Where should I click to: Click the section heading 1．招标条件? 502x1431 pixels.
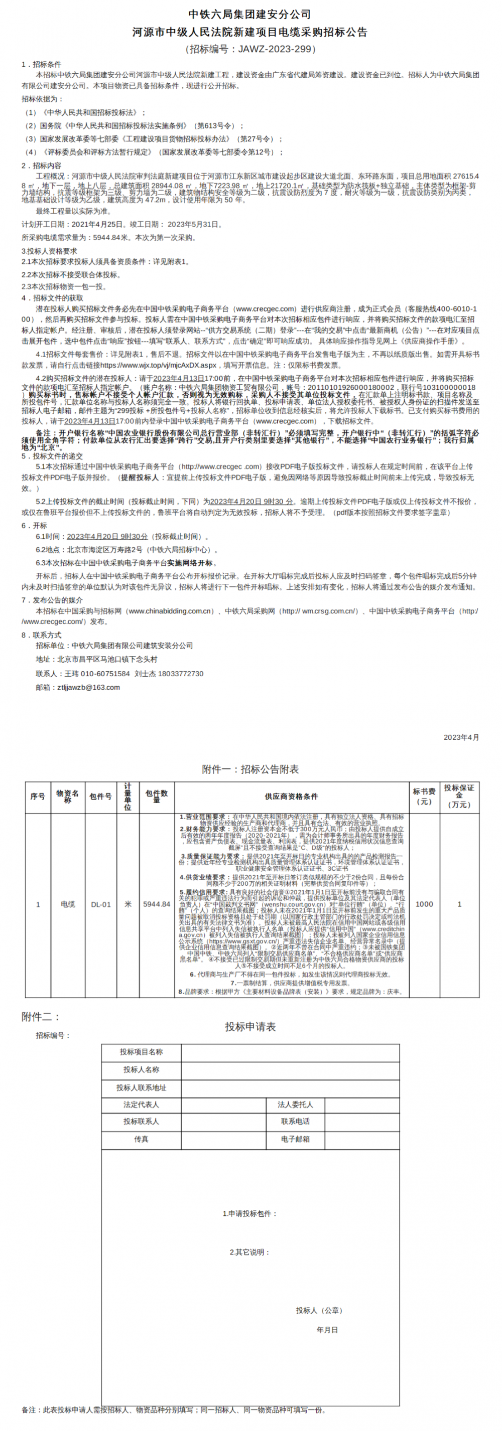42,64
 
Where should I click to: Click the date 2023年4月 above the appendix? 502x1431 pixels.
461,737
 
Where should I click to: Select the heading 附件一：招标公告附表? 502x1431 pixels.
250,769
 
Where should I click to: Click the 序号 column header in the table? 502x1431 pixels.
38,797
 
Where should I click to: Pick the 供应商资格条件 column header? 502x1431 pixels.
291,797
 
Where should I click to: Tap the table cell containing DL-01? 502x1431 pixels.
100,904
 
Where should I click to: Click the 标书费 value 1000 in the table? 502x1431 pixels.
424,904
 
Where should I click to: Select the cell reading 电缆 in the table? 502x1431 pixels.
68,904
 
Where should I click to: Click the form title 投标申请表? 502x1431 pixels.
250,1027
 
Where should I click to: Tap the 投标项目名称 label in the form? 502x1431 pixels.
141,1052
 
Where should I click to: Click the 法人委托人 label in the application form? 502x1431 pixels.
295,1104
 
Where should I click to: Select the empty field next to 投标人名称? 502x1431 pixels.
290,1069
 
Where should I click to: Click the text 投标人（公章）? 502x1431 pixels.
319,1311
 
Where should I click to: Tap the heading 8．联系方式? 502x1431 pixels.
42,635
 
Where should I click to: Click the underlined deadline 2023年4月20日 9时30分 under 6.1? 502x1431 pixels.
107,537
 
